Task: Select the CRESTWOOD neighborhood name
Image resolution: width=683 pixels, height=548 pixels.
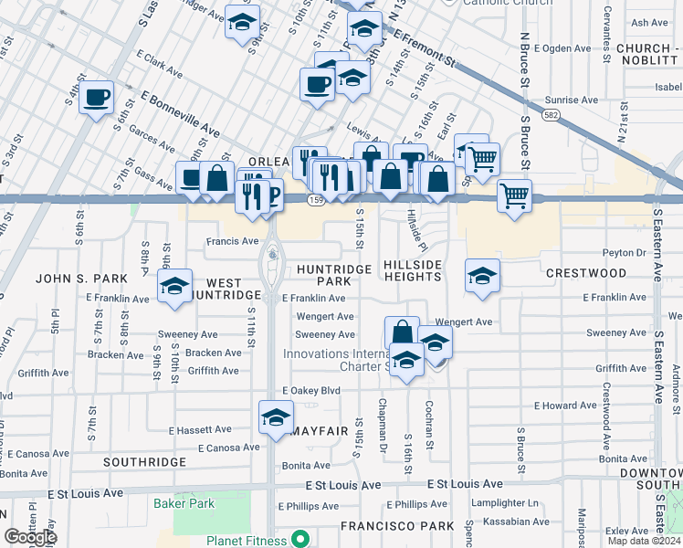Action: pos(585,273)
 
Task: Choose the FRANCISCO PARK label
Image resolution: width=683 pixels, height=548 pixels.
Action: pos(397,526)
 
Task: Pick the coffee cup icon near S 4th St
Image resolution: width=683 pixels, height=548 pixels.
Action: pos(96,98)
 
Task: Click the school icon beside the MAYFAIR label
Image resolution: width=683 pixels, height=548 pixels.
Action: pos(277,418)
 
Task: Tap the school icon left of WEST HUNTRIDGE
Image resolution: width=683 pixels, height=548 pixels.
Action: pos(174,286)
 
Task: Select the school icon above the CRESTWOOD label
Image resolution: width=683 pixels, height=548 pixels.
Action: pos(482,276)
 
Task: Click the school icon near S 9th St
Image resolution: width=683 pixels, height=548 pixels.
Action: pos(242,23)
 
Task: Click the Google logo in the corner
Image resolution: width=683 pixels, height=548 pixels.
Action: pos(30,537)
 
